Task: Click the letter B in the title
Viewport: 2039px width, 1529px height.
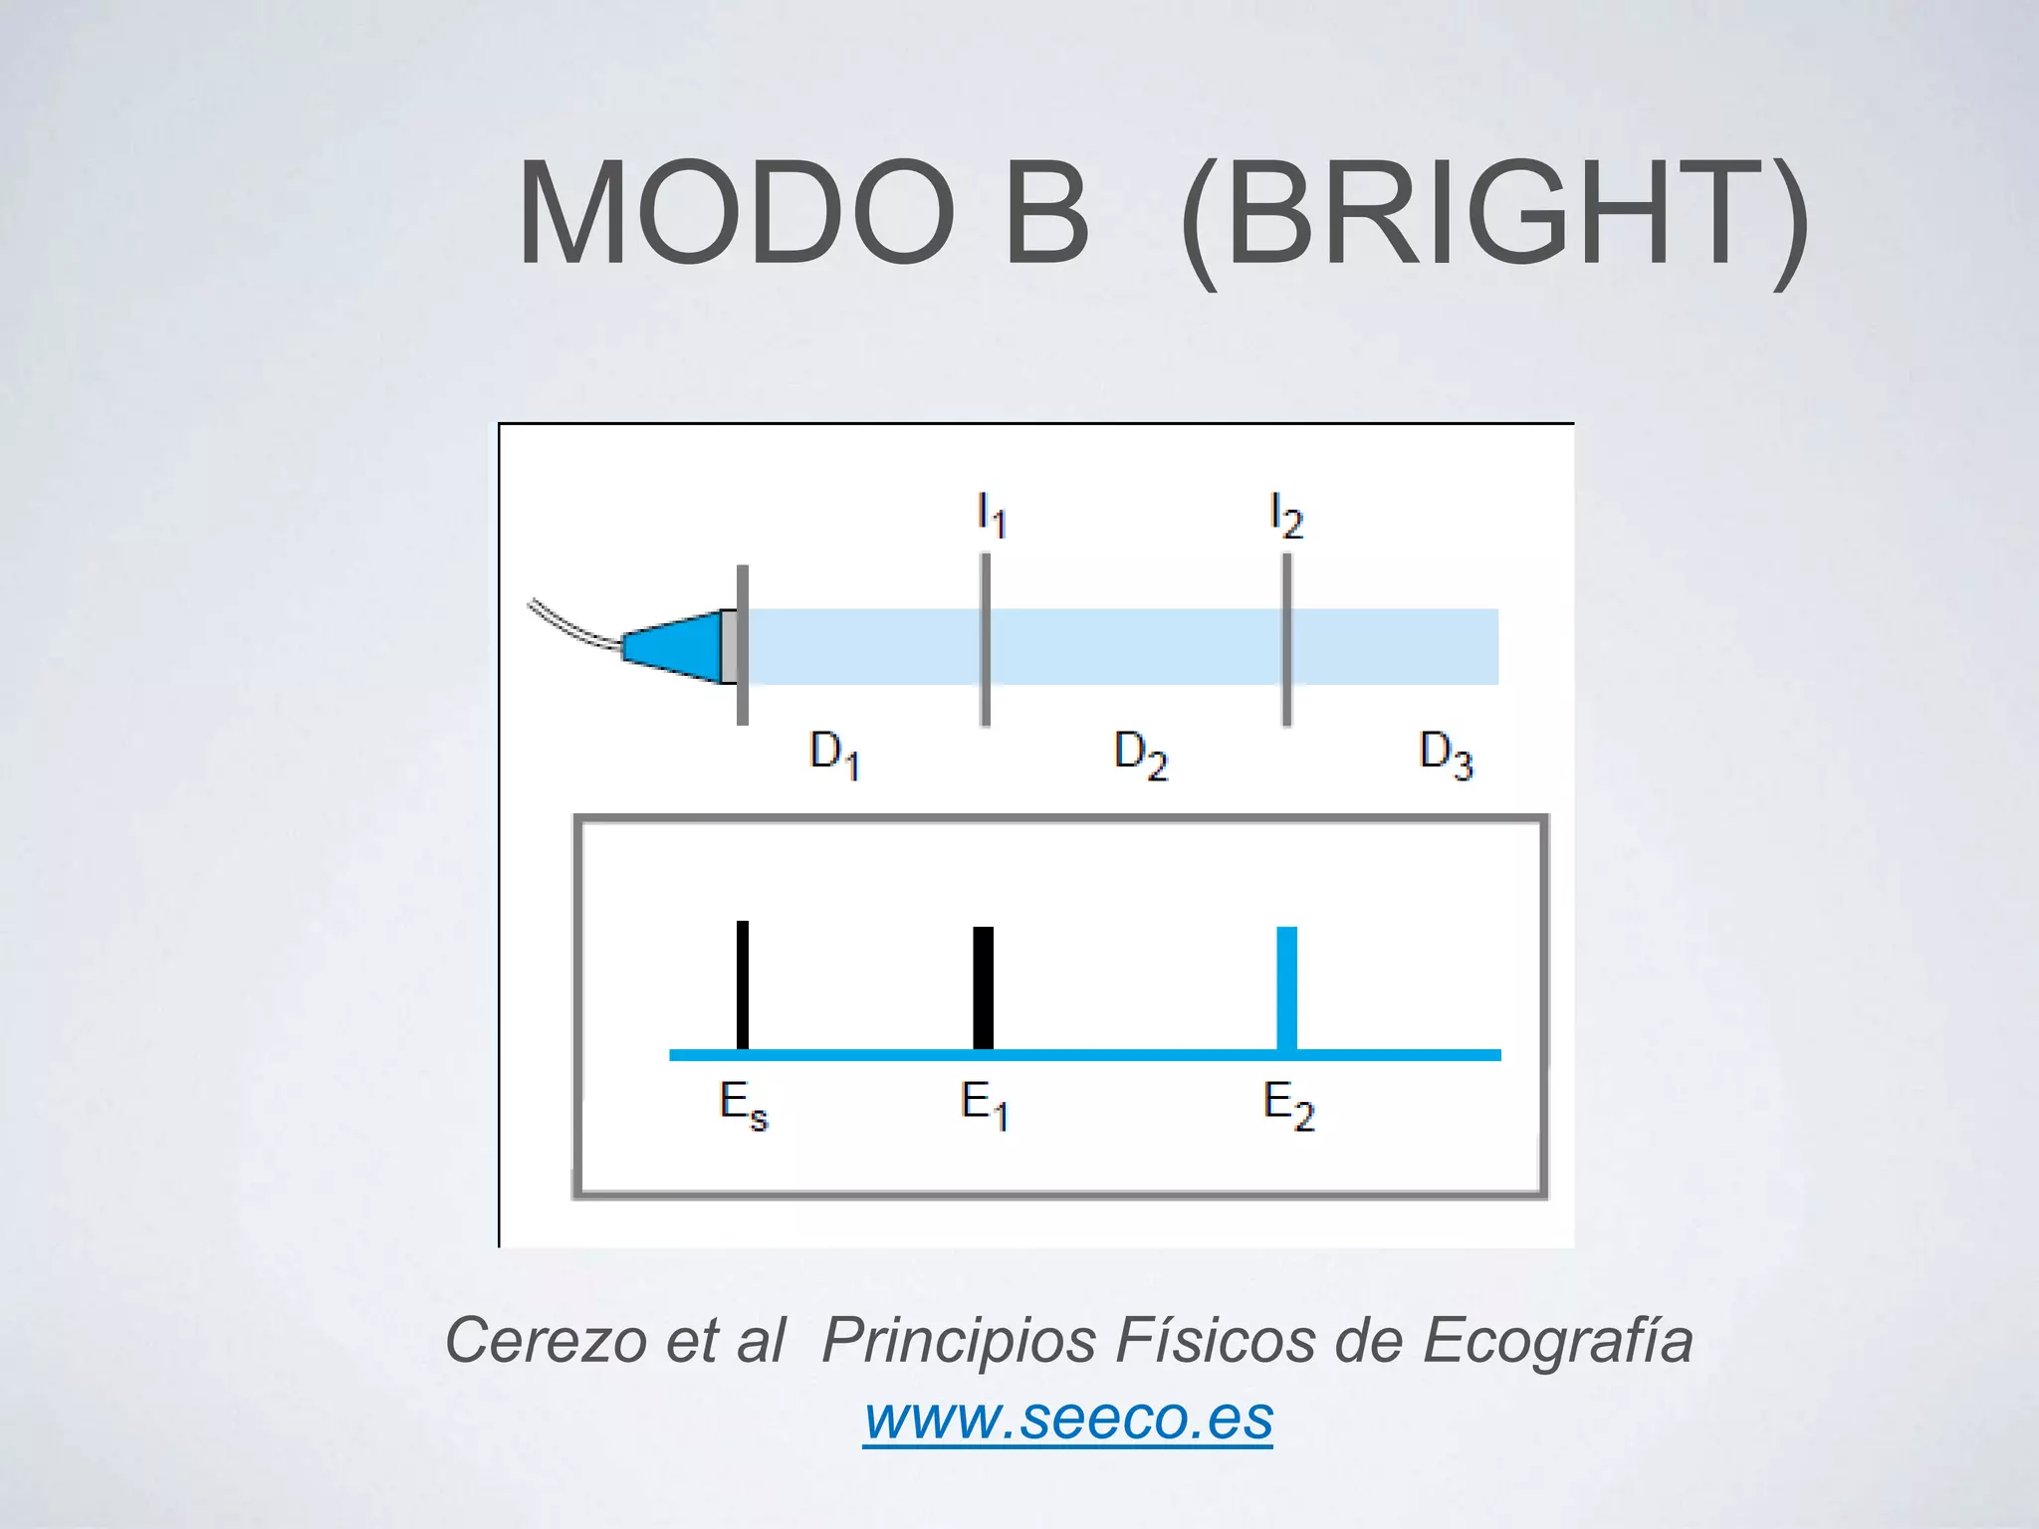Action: coord(1045,215)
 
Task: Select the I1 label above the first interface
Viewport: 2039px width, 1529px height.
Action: coord(992,515)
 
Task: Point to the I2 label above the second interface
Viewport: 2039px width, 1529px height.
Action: coord(1286,515)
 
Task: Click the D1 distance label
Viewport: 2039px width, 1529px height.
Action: coord(834,754)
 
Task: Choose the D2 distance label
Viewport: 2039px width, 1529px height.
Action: coord(1140,754)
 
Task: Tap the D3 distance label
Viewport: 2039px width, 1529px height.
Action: coord(1446,754)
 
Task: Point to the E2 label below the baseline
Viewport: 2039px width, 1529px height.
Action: coord(1288,1105)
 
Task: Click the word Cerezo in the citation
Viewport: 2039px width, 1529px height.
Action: coord(546,1340)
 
